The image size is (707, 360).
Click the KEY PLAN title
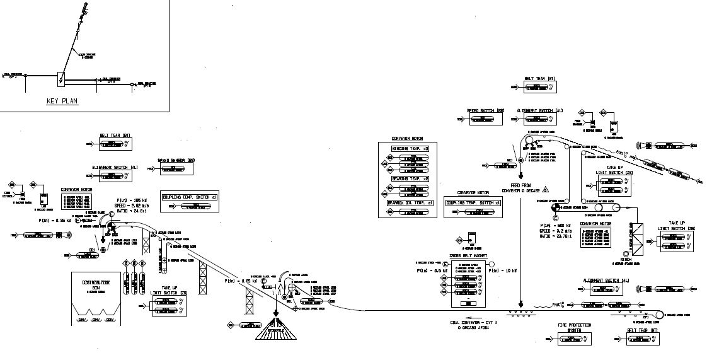point(62,102)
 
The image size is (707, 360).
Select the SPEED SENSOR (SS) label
point(175,161)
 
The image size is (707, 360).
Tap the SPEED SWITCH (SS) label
point(485,110)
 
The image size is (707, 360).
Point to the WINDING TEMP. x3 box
point(410,149)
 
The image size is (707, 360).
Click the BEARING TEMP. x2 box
point(410,179)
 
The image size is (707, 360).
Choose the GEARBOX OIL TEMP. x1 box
point(410,203)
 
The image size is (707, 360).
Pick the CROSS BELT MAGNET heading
point(468,257)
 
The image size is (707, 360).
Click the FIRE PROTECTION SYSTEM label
point(574,327)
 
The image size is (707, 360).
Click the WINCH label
point(626,259)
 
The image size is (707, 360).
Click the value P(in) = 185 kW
point(131,200)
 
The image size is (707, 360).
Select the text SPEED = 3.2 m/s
point(555,231)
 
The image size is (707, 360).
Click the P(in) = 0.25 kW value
point(53,220)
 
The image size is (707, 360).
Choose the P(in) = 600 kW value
point(555,225)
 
